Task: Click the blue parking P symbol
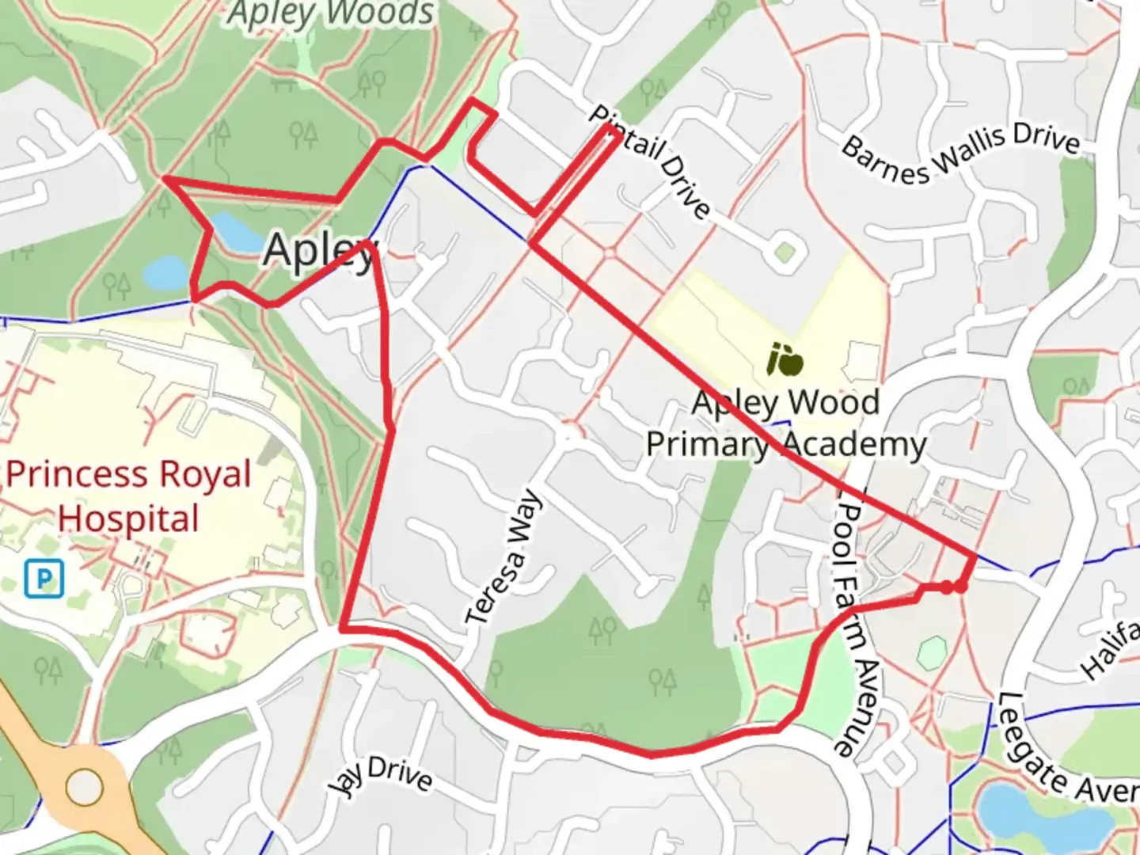pyautogui.click(x=43, y=579)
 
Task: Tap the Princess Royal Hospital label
pyautogui.click(x=128, y=496)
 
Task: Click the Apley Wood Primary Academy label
pyautogui.click(x=785, y=424)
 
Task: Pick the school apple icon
pyautogui.click(x=785, y=361)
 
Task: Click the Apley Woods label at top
pyautogui.click(x=331, y=13)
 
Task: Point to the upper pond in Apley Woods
pyautogui.click(x=236, y=230)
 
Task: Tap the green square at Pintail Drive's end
pyautogui.click(x=784, y=253)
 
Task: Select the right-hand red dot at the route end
pyautogui.click(x=960, y=587)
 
